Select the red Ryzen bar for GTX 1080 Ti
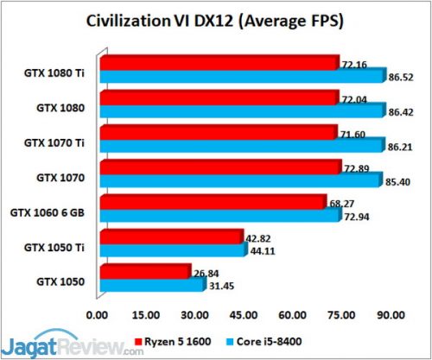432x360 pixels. [x=219, y=64]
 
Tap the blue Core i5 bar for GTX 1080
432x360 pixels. [x=242, y=110]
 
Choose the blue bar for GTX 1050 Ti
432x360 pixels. [x=174, y=249]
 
